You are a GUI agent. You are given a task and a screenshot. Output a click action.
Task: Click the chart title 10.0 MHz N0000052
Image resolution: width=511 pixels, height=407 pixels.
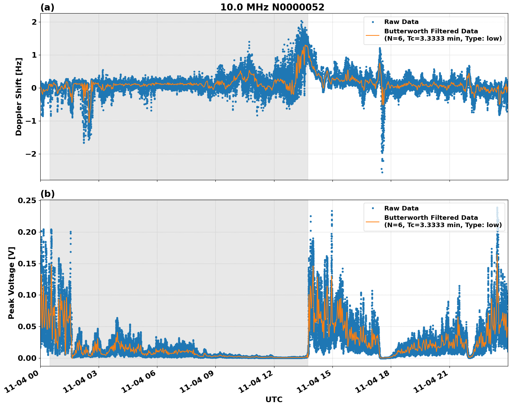click(272, 7)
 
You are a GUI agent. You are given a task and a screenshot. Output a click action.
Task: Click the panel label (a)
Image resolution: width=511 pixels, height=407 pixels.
click(47, 7)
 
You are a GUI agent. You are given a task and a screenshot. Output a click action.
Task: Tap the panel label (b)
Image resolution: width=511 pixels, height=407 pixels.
click(47, 194)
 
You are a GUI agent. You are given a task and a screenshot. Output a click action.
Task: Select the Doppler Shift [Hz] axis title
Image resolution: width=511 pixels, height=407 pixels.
click(19, 97)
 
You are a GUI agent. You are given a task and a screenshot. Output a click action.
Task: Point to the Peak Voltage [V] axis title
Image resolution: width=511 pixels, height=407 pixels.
click(11, 283)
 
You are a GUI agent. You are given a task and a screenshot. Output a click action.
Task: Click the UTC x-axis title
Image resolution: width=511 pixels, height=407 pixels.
click(274, 399)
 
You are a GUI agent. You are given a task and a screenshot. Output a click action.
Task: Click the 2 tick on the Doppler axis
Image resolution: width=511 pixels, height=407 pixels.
click(34, 22)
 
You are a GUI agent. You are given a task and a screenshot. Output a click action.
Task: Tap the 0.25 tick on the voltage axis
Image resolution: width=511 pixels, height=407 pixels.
click(27, 201)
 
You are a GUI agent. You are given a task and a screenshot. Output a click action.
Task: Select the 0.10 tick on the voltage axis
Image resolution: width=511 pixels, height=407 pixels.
click(27, 295)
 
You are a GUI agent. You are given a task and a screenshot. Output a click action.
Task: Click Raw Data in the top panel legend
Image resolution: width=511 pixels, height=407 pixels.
click(401, 22)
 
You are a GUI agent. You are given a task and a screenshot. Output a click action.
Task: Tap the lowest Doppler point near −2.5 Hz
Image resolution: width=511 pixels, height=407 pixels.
click(382, 172)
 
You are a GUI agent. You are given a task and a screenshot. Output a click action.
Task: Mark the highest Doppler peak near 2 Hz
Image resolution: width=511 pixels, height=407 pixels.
click(301, 21)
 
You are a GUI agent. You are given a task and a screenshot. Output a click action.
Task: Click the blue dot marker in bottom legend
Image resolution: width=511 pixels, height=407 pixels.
click(372, 208)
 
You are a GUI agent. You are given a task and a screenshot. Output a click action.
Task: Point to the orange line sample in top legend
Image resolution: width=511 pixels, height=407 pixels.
click(372, 35)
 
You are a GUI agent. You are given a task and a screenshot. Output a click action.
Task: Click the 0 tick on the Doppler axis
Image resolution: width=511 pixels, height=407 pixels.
click(34, 88)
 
